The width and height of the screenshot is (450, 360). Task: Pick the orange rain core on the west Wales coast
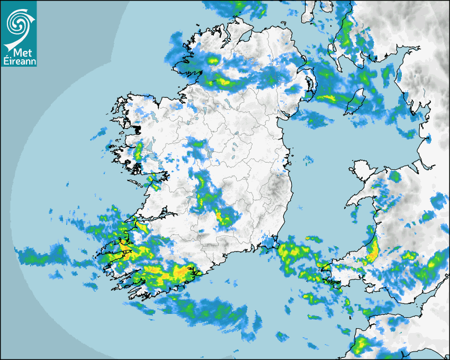pyautogui.click(x=373, y=250)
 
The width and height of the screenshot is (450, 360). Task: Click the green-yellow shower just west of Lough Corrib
pyautogui.click(x=139, y=151)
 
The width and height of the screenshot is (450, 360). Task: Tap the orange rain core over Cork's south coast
pyautogui.click(x=180, y=273)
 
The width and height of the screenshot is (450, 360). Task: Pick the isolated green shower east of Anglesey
pyautogui.click(x=394, y=176)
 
